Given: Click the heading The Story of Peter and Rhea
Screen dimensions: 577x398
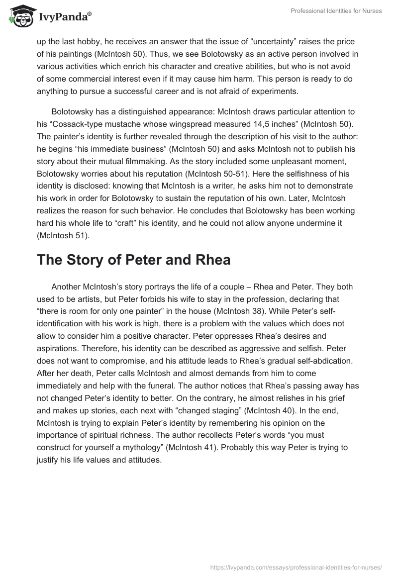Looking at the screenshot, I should [133, 260].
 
